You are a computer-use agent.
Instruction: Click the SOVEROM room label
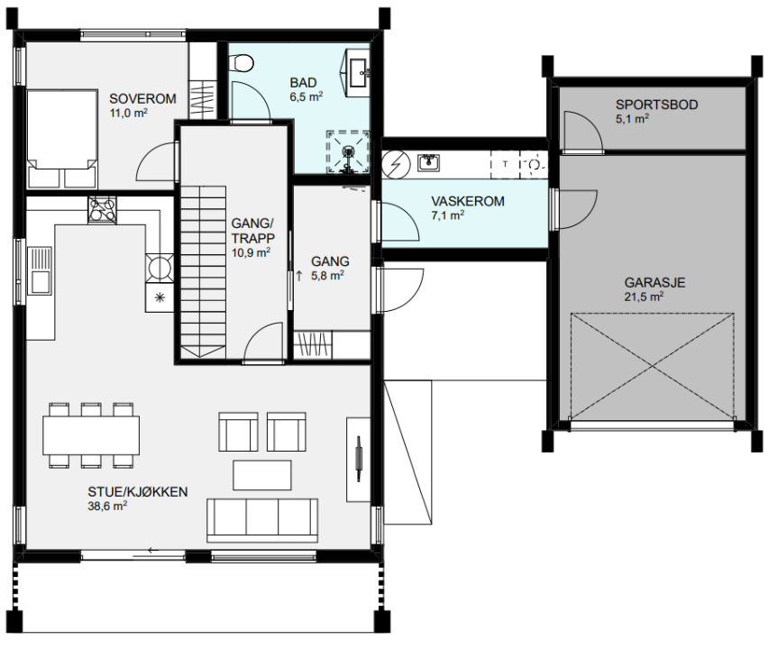tap(142, 98)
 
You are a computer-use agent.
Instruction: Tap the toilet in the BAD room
tap(243, 63)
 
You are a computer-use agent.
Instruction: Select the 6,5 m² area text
tap(306, 96)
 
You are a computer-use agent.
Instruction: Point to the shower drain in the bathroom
tap(348, 151)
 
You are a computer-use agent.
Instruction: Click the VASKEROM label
tap(467, 201)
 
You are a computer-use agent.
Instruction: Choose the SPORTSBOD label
tap(656, 105)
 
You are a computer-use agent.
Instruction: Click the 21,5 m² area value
tap(644, 296)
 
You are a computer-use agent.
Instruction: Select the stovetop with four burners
tap(103, 210)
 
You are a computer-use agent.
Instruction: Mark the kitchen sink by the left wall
tap(40, 270)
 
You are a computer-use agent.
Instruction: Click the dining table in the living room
tap(91, 435)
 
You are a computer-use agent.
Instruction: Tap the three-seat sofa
tap(261, 520)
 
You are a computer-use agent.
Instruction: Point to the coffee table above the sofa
tap(261, 474)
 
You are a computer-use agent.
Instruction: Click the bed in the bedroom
tap(62, 139)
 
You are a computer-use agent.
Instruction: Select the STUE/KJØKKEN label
tap(138, 491)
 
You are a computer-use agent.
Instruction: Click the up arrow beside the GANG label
tap(299, 276)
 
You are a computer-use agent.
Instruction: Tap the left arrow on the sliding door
tap(153, 551)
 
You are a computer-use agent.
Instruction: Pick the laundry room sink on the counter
tap(428, 163)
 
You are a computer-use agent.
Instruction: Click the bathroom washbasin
tap(360, 72)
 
